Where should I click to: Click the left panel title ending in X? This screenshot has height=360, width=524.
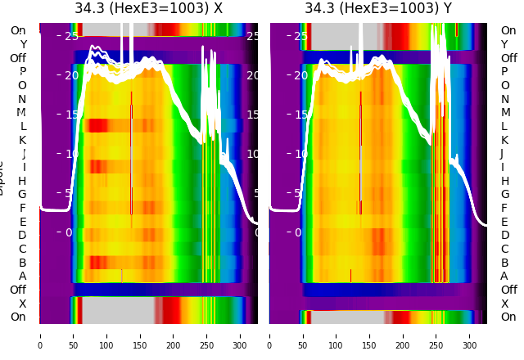pos(148,9)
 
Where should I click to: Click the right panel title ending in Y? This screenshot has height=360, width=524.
pos(378,9)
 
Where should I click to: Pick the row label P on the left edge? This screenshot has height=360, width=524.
pos(23,71)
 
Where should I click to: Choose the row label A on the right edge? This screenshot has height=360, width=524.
pos(504,277)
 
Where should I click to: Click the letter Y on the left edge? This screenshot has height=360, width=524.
pos(23,44)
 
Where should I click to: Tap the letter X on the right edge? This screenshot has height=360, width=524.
pos(504,304)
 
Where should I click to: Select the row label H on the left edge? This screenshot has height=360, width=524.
pos(23,181)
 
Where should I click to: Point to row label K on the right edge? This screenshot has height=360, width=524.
pos(504,140)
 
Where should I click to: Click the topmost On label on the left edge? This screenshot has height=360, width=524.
pos(18,30)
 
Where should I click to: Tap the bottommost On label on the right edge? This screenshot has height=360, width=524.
pos(508,317)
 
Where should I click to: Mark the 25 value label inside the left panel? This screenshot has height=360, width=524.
pos(71,36)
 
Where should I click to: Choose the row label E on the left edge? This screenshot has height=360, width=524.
pos(23,222)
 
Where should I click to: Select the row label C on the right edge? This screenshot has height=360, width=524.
pos(504,249)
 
